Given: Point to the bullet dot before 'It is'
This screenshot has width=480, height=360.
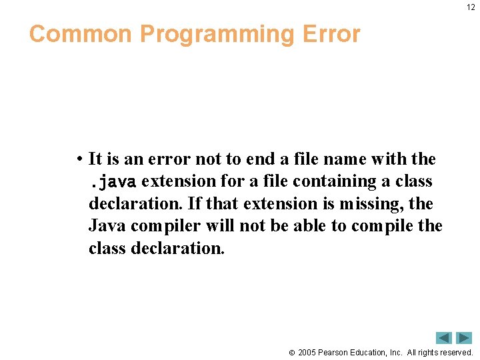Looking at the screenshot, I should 79,159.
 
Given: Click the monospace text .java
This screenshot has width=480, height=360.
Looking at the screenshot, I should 113,181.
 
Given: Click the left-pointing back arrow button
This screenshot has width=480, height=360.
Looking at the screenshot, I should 444,338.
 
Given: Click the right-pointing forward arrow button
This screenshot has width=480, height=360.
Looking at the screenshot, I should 464,338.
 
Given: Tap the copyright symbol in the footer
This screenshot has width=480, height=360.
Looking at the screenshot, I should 291,353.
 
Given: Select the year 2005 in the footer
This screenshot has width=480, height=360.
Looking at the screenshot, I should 307,352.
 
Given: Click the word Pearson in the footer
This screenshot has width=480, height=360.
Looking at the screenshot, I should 335,352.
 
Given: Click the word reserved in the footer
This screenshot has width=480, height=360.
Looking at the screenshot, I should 456,352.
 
